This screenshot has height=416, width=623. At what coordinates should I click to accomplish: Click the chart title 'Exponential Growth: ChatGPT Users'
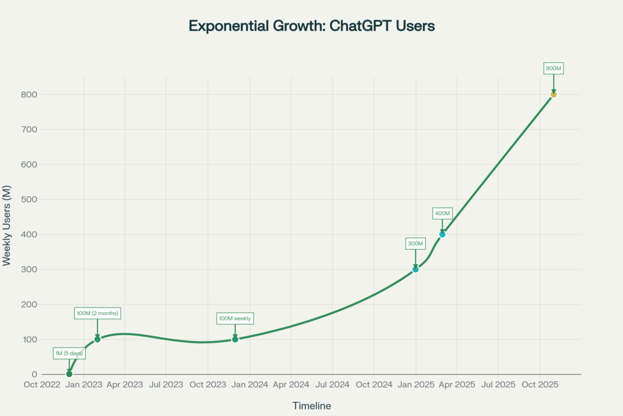pos(311,26)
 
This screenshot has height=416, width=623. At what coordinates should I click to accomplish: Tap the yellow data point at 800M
pos(554,94)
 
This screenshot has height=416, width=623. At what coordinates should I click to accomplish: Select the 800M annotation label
pos(554,68)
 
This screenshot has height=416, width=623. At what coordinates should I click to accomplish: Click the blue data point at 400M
pos(442,234)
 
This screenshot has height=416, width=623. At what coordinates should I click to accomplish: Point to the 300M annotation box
pos(416,244)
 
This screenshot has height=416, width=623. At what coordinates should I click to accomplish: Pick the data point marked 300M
pos(416,269)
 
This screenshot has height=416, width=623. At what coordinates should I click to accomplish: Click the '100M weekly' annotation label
pos(235,318)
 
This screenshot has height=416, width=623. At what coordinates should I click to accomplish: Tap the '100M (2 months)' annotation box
pos(97,313)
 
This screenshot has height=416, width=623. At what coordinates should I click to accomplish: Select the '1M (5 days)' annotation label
pos(69,353)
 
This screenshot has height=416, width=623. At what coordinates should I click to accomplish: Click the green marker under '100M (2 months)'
pos(97,339)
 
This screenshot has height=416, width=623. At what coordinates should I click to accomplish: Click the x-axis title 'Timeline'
pos(311,406)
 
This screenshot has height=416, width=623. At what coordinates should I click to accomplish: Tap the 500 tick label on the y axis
pos(29,200)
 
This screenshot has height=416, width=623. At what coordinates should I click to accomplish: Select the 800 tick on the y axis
pos(29,95)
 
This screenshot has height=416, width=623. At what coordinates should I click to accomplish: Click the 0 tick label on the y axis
pos(34,375)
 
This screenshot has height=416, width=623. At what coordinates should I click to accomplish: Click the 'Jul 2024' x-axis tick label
pos(332,385)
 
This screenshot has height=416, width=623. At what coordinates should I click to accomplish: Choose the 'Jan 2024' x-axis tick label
pos(249,385)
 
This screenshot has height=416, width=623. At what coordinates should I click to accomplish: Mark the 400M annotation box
pos(442,213)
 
